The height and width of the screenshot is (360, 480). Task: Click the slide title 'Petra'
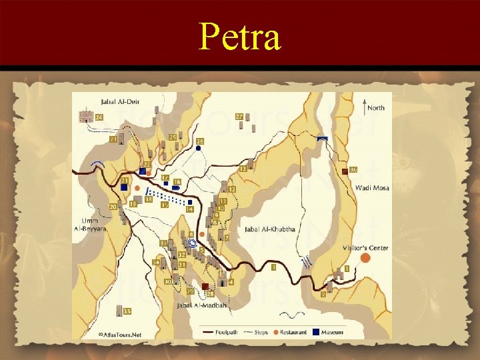click(240, 37)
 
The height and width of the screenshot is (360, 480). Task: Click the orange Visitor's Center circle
click(365, 258)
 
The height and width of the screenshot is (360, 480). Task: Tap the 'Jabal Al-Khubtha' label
click(270, 229)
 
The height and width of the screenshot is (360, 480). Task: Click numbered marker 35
click(127, 311)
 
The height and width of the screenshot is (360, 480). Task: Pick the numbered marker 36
click(353, 170)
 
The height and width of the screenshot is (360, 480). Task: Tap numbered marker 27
click(239, 117)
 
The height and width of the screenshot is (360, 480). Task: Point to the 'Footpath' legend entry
click(224, 332)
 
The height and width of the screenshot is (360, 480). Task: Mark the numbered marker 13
click(243, 170)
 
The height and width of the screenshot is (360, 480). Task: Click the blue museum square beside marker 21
click(125, 189)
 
